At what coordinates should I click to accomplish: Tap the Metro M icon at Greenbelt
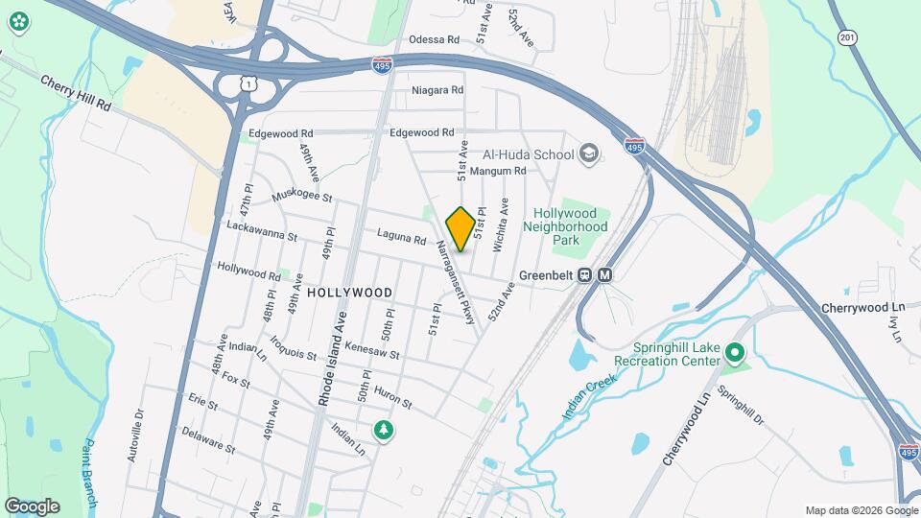click(604, 275)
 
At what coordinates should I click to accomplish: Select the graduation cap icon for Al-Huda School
click(589, 153)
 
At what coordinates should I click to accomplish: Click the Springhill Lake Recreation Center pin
click(736, 354)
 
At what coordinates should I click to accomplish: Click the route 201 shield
click(845, 36)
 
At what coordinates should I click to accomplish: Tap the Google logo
click(32, 506)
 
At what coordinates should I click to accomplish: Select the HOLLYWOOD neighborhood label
click(350, 292)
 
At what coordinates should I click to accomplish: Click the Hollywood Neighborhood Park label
click(571, 226)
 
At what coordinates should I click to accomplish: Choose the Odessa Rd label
click(435, 39)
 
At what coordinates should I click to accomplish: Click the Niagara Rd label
click(437, 90)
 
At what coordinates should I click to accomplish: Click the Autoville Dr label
click(134, 436)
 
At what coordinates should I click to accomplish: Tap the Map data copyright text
click(860, 510)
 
